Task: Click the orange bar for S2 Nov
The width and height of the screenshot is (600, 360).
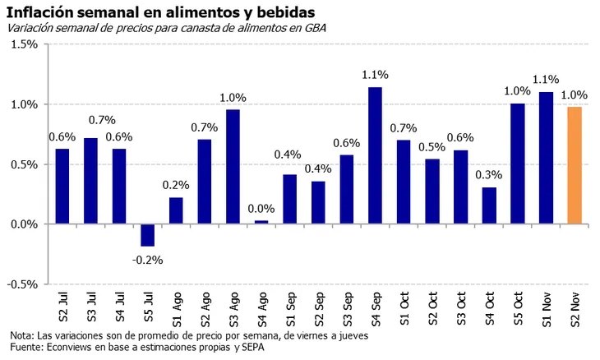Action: pyautogui.click(x=575, y=165)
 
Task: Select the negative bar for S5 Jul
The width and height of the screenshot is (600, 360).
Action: pyautogui.click(x=147, y=235)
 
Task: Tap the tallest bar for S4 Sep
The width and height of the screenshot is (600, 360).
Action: pyautogui.click(x=375, y=155)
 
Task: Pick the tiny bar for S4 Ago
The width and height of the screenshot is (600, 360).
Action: pyautogui.click(x=261, y=222)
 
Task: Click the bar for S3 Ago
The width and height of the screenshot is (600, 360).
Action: pyautogui.click(x=233, y=166)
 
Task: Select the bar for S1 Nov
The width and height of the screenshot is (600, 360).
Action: pyautogui.click(x=546, y=158)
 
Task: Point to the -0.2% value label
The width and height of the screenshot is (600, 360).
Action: pyautogui.click(x=147, y=260)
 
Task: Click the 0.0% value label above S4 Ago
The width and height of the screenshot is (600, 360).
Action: pyautogui.click(x=261, y=209)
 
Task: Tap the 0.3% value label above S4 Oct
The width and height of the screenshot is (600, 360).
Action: pyautogui.click(x=489, y=175)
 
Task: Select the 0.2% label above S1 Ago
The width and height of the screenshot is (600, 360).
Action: pyautogui.click(x=176, y=185)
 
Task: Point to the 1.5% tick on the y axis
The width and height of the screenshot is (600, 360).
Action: pyautogui.click(x=24, y=44)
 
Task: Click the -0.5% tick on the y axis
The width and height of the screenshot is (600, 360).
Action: pyautogui.click(x=22, y=284)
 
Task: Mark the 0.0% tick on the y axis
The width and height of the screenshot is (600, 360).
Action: pyautogui.click(x=24, y=224)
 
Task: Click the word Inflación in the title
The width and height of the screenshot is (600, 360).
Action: pyautogui.click(x=42, y=11)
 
